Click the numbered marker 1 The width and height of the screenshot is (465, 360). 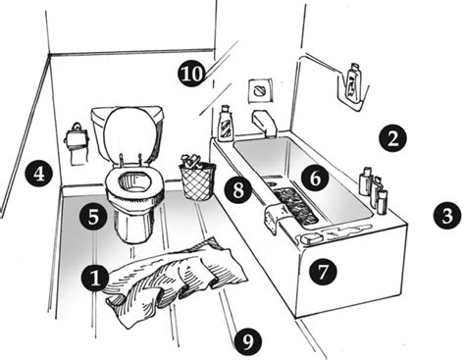[x=95, y=279]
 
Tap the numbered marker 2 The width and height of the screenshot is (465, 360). [x=392, y=138]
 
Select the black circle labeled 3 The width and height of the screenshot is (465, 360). [x=447, y=216]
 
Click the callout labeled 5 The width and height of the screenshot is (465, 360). [x=93, y=217]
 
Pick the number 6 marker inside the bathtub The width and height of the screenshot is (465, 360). [x=315, y=179]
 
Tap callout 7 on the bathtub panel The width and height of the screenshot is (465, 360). [x=323, y=272]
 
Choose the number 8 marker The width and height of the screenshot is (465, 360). [x=238, y=189]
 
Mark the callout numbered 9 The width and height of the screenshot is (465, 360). [x=248, y=342]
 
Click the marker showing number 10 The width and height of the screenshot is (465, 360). [x=192, y=73]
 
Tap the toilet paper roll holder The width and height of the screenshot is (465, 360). [x=77, y=144]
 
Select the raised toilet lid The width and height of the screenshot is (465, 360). [x=130, y=135]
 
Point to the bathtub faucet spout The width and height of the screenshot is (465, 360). [x=265, y=123]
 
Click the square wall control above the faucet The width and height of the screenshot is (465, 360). [x=260, y=90]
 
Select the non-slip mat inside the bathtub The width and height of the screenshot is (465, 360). [x=295, y=207]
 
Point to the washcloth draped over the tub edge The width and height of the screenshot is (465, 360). [x=274, y=217]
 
